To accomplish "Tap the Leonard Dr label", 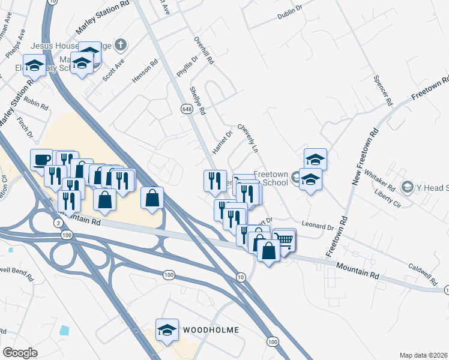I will click(x=318, y=227).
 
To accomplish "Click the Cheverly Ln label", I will click(x=247, y=138).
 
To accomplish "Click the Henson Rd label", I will click(x=145, y=71).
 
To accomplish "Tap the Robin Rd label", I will click(x=36, y=105).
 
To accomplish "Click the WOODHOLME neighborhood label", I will click(x=211, y=330).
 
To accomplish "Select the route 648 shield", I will click(x=186, y=109).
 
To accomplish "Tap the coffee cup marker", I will click(x=41, y=159).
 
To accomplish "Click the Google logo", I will click(x=20, y=353).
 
